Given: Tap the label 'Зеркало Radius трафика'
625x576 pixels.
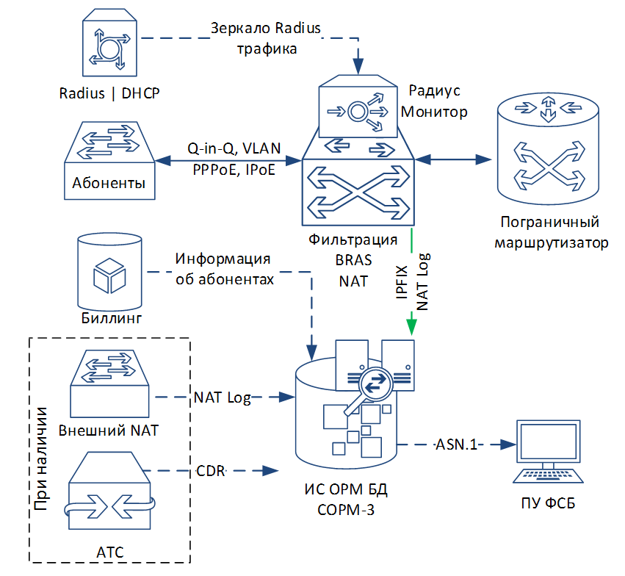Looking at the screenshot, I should [x=266, y=39].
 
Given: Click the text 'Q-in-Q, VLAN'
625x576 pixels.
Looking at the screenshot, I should [x=234, y=148].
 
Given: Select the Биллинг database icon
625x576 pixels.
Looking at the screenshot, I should [x=109, y=272].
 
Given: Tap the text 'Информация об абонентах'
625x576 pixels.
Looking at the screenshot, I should [x=225, y=270].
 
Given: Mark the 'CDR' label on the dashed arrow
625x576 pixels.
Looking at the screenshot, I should [x=211, y=471].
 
